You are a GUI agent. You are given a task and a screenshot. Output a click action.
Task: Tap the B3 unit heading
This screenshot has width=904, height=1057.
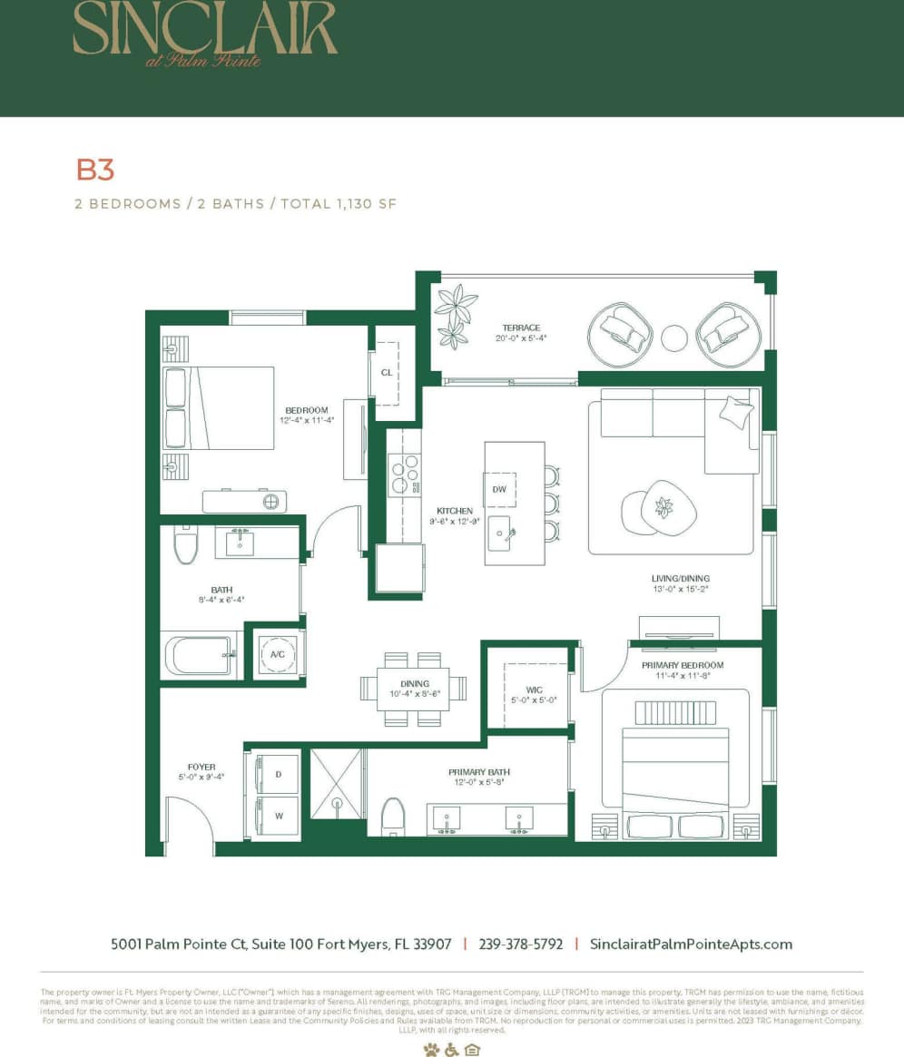pyautogui.click(x=94, y=170)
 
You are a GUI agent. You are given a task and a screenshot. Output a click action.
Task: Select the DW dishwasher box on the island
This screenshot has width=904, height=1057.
pyautogui.click(x=498, y=489)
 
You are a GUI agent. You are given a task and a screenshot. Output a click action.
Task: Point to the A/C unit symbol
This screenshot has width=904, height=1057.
pyautogui.click(x=275, y=652)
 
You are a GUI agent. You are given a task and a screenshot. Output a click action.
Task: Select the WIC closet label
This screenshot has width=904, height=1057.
pyautogui.click(x=535, y=690)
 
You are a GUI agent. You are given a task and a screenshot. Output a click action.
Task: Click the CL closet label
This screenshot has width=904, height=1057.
pyautogui.click(x=387, y=372)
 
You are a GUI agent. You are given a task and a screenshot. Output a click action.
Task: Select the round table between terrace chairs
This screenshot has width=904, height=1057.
pyautogui.click(x=674, y=338)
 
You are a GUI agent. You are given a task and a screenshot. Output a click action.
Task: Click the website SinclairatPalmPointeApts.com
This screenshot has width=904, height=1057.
pyautogui.click(x=691, y=944)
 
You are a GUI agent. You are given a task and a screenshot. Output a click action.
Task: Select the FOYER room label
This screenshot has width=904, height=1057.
pyautogui.click(x=201, y=767)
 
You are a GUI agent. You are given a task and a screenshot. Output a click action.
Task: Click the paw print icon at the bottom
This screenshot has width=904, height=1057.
pyautogui.click(x=430, y=1050)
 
